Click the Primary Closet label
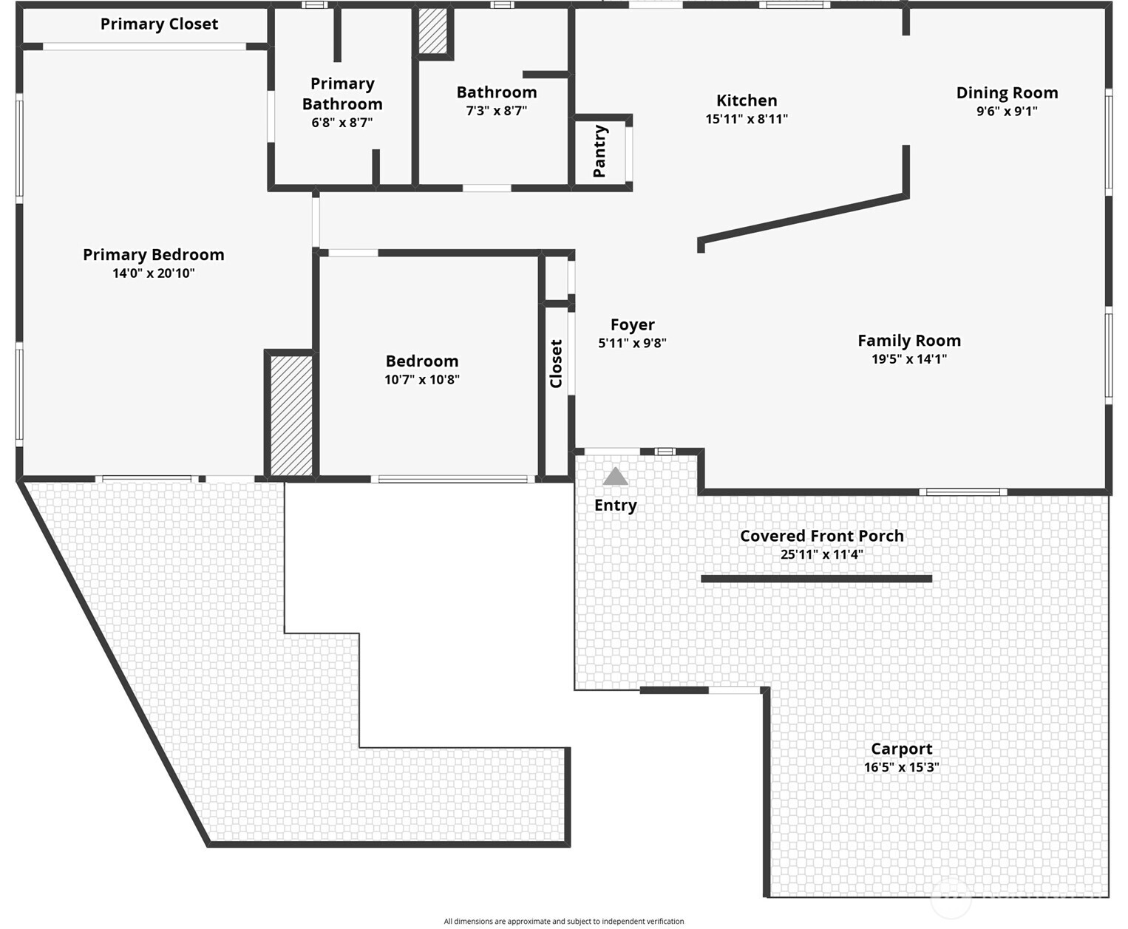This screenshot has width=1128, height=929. (159, 24)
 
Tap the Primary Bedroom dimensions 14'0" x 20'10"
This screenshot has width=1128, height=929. (154, 273)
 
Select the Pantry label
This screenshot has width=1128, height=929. (600, 152)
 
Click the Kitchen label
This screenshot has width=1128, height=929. (747, 101)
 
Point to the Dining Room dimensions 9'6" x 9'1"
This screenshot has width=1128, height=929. (1007, 112)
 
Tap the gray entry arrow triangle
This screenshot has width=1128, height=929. (615, 477)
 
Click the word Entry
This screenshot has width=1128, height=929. (616, 506)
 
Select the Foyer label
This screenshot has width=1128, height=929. (632, 324)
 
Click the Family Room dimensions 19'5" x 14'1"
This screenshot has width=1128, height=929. (909, 359)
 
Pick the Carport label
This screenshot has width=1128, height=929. (901, 749)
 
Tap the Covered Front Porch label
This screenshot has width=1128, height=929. (821, 536)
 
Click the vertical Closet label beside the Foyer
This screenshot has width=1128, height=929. (556, 364)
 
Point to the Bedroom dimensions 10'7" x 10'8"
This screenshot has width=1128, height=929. (422, 380)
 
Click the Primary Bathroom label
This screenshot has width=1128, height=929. (342, 94)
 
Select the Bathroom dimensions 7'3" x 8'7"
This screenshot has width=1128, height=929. (496, 111)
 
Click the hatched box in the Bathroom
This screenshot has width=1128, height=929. (434, 31)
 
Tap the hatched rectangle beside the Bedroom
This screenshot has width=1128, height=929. (291, 415)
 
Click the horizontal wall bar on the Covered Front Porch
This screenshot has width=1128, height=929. (816, 579)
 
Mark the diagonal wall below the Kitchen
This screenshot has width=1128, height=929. (804, 218)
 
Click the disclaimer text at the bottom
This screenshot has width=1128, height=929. (563, 921)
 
